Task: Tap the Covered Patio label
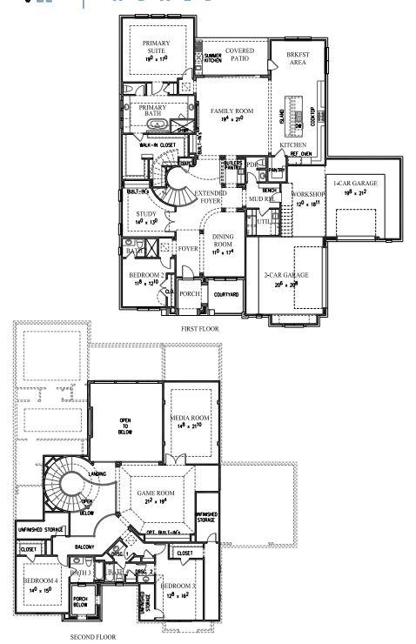[x=239, y=55]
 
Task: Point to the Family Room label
[x=230, y=112]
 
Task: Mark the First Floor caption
[x=199, y=330]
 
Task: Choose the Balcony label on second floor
[x=84, y=547]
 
